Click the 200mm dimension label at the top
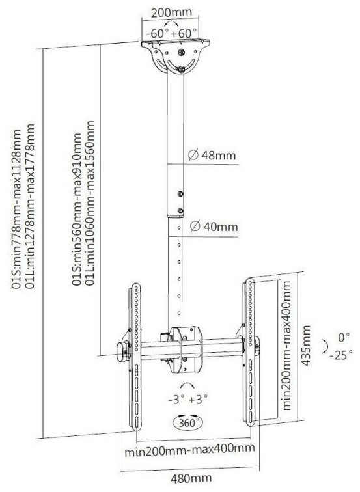171,12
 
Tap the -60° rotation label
158,33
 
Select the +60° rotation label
184,33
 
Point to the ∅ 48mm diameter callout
212,156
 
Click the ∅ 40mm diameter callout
214,226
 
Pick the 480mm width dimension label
191,479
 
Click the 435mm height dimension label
306,346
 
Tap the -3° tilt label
176,400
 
